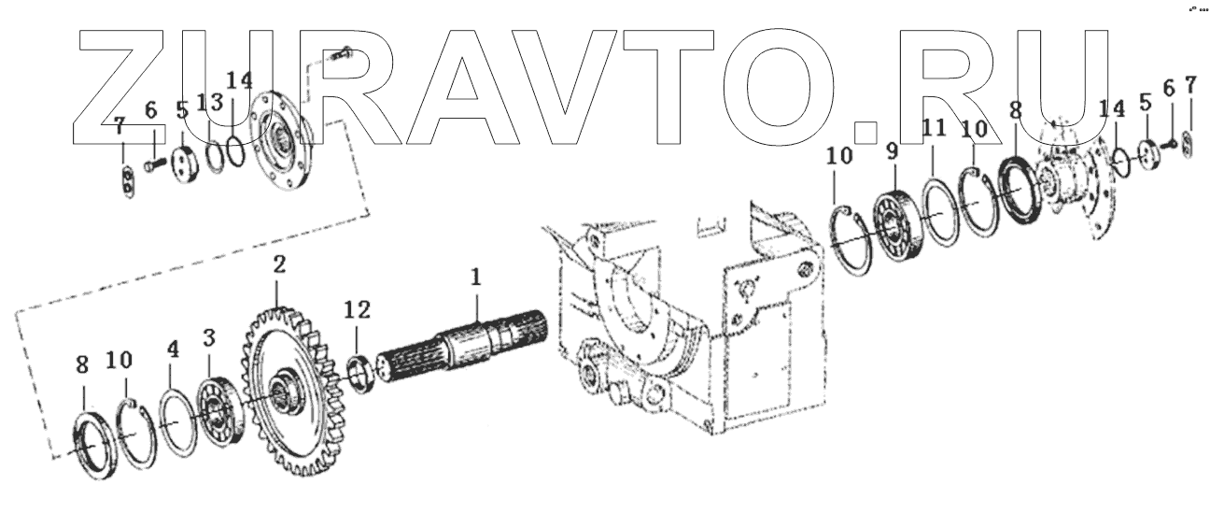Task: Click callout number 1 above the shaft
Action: [475, 277]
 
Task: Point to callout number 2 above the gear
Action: [277, 264]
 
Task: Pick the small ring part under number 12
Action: [359, 367]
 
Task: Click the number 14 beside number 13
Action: [239, 81]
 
